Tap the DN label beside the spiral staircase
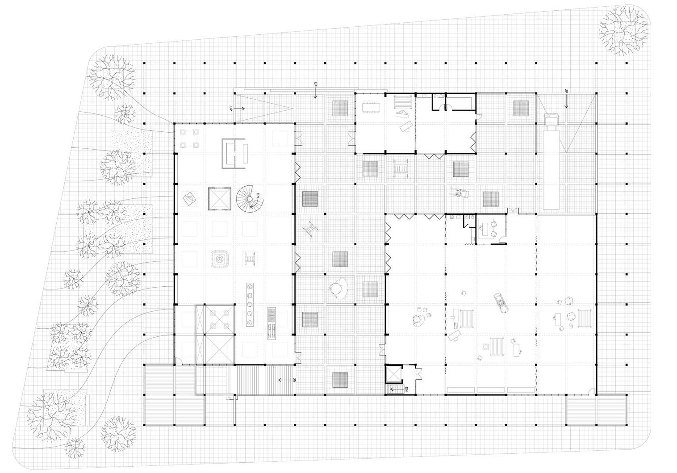pyautogui.click(x=258, y=197)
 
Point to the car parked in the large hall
pyautogui.click(x=502, y=303)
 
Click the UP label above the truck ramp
pyautogui.click(x=566, y=91)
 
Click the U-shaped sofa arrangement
pyautogui.click(x=234, y=154)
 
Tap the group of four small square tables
pyautogui.click(x=189, y=138)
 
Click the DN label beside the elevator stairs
pyautogui.click(x=406, y=389)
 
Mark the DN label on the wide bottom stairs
pyautogui.click(x=295, y=381)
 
